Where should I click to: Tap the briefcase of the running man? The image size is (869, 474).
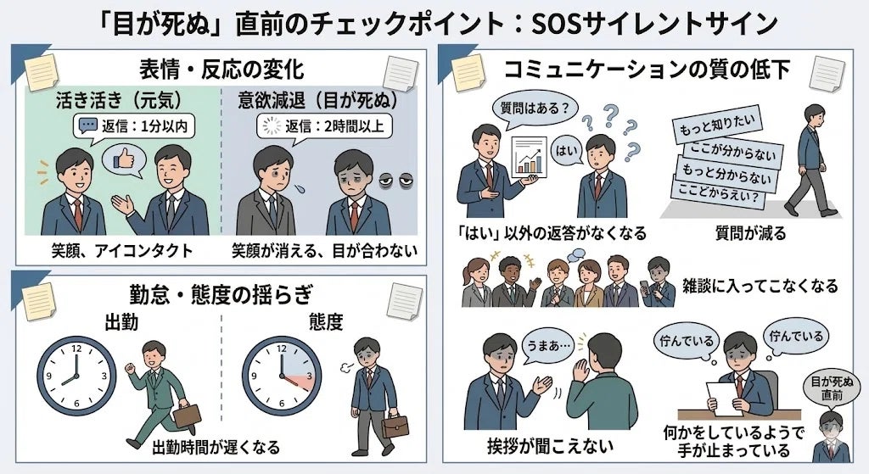coord(186,415)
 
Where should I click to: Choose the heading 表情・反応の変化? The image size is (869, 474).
coord(219,68)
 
